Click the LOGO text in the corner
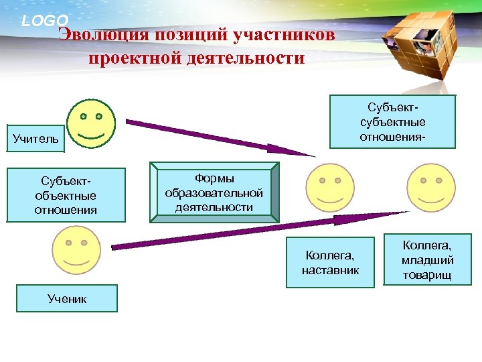(45, 21)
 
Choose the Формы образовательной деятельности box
(214, 192)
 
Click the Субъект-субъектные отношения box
(396, 122)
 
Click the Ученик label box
(67, 299)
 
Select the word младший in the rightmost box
(427, 261)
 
